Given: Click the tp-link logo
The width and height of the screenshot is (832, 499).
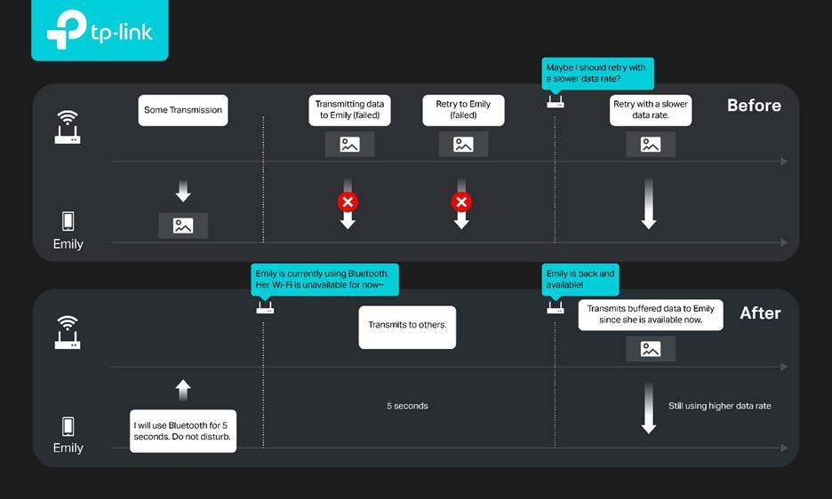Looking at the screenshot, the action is point(100,29).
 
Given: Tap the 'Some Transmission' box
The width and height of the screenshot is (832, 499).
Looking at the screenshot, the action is point(183,110).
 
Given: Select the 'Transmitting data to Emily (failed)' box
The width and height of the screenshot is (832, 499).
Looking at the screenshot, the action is point(349,110).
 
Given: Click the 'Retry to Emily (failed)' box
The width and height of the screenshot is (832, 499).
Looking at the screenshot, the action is point(463,110).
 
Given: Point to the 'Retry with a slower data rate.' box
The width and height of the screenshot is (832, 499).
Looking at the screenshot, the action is point(651,110).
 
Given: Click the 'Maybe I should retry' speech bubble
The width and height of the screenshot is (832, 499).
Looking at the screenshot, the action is point(597,73).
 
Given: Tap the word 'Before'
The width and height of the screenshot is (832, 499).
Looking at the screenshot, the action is point(754,106).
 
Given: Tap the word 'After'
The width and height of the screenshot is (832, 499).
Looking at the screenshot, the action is point(760,313).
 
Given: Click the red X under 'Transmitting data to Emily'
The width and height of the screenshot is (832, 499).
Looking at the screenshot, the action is point(348,202).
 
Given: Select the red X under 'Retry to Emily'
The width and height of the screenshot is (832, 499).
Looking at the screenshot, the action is point(461,202).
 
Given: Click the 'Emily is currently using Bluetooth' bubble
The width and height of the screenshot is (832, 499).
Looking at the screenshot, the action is point(324,280).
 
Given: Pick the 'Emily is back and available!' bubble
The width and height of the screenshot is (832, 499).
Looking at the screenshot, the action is point(580,280).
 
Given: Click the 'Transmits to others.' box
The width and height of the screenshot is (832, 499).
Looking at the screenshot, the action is point(407,327).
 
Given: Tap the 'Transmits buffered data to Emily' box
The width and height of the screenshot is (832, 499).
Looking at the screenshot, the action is point(651,315).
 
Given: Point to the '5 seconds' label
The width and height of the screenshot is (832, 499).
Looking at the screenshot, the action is point(407,406).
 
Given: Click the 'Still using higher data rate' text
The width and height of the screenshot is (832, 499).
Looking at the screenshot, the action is point(719,406).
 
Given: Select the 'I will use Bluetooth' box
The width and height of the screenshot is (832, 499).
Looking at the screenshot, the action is point(183,432).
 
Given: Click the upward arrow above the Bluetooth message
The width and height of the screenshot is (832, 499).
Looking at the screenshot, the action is point(183,391).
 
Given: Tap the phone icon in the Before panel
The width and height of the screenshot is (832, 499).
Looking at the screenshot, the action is point(68,221).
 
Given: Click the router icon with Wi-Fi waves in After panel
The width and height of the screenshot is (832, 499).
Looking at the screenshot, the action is point(68,332).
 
